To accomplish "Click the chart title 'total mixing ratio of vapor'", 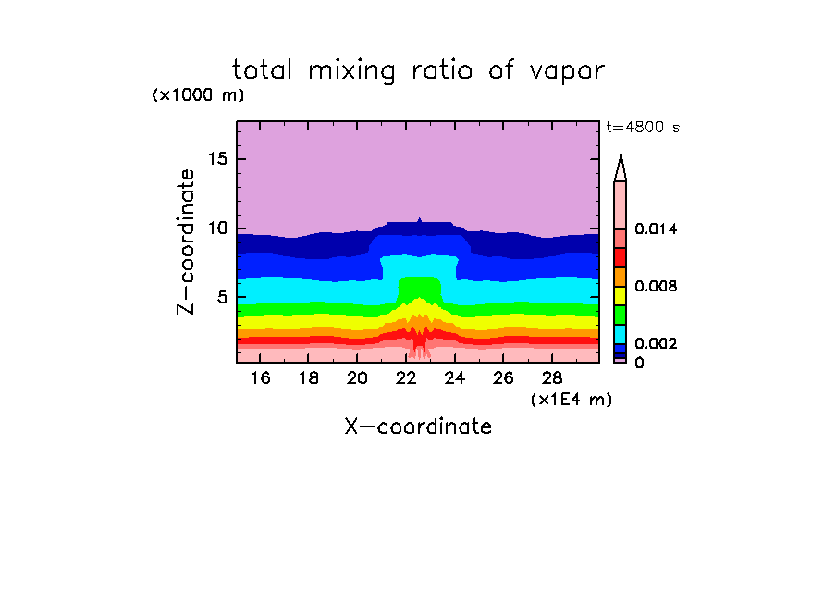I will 418,70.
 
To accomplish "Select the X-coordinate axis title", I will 418,426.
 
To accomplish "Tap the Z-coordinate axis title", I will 187,241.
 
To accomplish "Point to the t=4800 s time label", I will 642,128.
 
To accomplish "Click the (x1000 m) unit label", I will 198,95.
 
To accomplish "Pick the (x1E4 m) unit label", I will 572,399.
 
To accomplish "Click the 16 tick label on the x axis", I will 261,378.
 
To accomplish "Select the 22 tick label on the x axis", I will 406,378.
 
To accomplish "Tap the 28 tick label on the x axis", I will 551,378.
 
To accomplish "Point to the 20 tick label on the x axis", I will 358,378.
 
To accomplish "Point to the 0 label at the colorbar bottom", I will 639,363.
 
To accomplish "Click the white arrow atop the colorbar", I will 621,167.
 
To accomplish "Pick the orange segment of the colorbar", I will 621,277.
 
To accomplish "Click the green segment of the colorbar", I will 621,315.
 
